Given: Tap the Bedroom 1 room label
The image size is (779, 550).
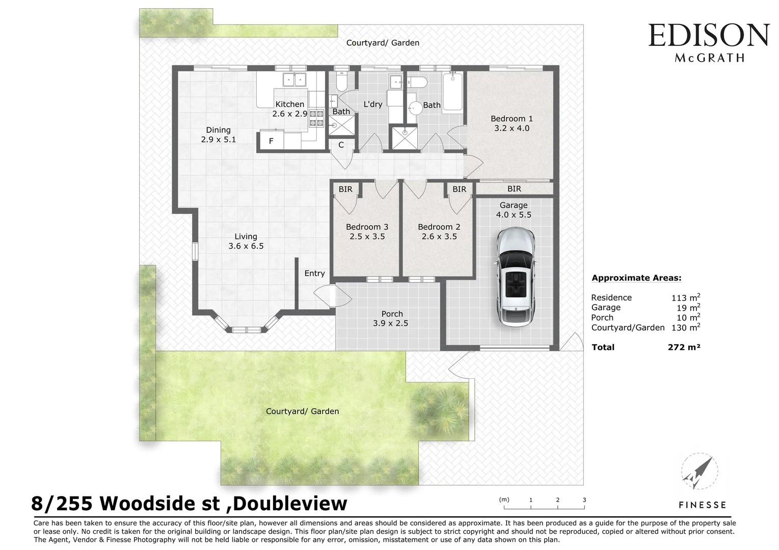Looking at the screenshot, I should (x=512, y=123).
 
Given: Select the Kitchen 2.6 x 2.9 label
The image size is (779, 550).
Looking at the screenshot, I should (x=289, y=109).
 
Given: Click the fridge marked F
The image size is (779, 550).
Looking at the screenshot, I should (x=271, y=141).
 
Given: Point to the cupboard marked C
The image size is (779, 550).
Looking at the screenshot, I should (x=341, y=145).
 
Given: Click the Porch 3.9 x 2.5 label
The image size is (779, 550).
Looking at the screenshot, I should (x=391, y=318).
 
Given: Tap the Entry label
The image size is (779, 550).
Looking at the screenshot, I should (x=314, y=273).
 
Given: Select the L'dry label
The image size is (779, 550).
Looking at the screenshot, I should (x=372, y=104).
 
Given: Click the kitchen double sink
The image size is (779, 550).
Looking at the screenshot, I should (x=294, y=80).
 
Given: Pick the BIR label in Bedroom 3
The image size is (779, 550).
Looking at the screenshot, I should (x=345, y=189).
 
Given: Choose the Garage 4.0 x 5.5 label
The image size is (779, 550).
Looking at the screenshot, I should (x=513, y=210).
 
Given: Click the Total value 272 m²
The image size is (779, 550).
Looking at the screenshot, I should (x=684, y=347).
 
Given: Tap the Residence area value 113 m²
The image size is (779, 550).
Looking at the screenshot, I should (x=685, y=298).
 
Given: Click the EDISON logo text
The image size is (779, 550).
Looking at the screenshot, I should (x=708, y=36).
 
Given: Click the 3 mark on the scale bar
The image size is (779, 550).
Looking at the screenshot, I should (x=584, y=500).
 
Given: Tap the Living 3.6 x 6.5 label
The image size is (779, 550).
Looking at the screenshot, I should (x=246, y=241).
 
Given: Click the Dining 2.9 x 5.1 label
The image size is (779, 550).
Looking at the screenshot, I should (x=218, y=134).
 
